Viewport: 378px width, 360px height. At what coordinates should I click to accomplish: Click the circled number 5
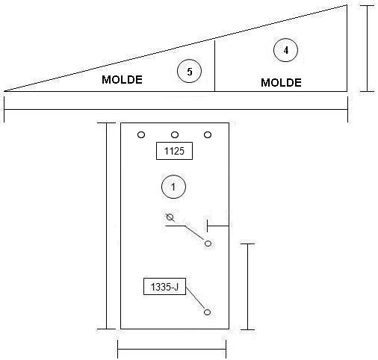point(189,71)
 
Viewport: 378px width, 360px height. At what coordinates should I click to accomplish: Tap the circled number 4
point(285,50)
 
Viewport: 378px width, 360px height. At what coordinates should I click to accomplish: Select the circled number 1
point(173,187)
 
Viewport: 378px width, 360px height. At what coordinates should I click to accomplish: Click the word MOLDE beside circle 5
point(122,80)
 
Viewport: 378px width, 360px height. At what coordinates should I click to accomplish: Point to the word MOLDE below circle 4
point(281,83)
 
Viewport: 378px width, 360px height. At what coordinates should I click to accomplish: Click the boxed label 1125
point(174,151)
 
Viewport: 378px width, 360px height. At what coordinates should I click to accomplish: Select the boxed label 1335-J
point(164,287)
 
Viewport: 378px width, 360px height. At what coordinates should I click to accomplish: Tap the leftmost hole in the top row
point(141,135)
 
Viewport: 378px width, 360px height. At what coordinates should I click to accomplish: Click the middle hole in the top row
point(175,135)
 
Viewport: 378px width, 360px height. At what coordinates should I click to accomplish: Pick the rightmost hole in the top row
point(208,135)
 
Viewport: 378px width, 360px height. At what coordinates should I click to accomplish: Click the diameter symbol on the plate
point(170,217)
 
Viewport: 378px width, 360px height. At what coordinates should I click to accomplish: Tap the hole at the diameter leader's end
point(208,243)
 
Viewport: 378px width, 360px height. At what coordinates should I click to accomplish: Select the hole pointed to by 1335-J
point(207,312)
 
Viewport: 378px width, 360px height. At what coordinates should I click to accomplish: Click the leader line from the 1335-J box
point(195,299)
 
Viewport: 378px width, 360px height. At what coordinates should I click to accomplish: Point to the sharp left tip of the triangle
point(4,91)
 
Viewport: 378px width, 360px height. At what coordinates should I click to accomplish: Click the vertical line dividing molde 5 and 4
point(214,66)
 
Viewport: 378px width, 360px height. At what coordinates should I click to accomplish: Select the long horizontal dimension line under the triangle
point(176,109)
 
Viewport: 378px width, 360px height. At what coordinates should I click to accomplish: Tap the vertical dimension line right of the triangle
point(367,49)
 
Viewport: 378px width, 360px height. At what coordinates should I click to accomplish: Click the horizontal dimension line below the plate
point(172,349)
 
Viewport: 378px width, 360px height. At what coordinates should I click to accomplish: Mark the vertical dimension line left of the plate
point(107,226)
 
